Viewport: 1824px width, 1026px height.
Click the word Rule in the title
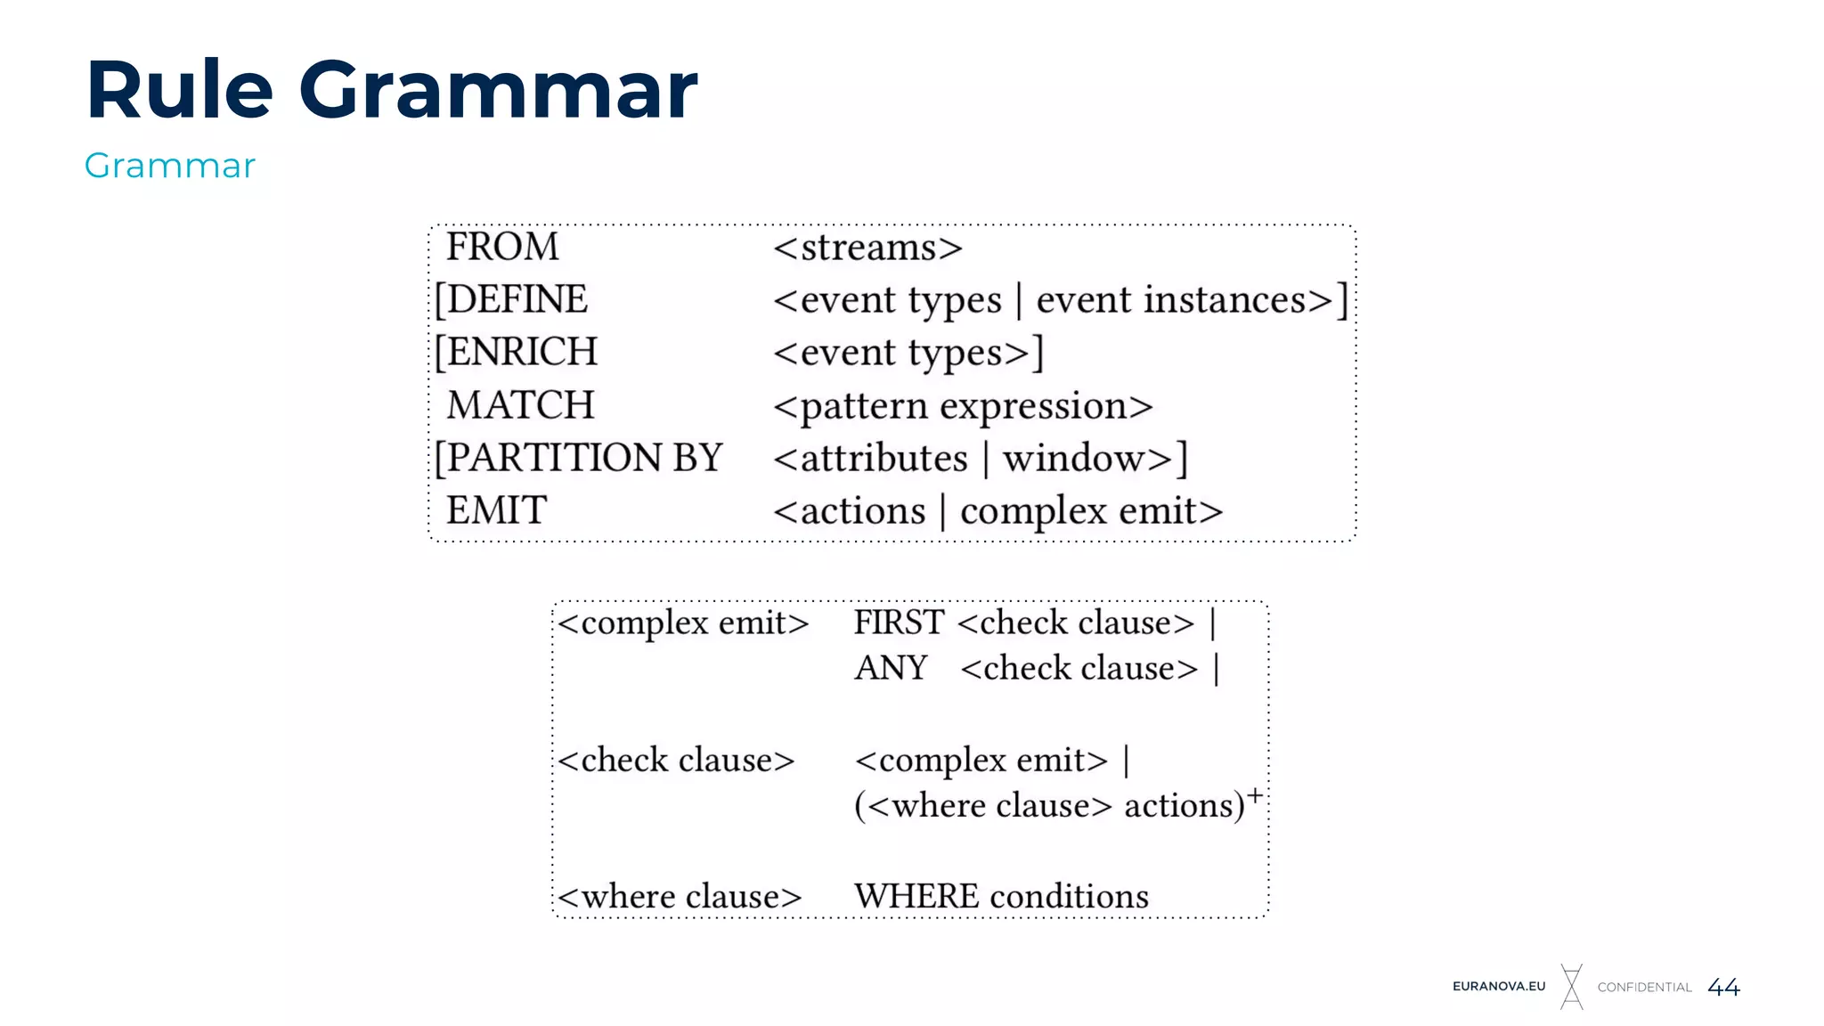179,90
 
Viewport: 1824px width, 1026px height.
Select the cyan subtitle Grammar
169,167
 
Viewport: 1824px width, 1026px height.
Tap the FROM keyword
502,247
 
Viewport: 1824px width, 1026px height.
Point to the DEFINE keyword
516,299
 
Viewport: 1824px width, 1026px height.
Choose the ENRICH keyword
521,352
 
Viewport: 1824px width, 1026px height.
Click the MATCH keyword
520,405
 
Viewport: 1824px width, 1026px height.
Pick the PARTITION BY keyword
583,458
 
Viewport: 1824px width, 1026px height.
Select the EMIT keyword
496,510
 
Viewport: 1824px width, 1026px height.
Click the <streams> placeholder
867,248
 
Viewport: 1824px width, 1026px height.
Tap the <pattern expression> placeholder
963,406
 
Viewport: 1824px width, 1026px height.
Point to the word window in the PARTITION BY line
1073,459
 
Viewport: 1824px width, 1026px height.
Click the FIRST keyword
899,623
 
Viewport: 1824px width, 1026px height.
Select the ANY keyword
891,668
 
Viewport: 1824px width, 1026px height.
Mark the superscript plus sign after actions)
1254,794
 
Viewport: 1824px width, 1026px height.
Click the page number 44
1723,987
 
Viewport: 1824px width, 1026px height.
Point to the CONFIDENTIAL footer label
1644,987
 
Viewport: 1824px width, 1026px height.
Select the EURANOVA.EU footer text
1499,987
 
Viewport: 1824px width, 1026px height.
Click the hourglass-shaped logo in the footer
1572,987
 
